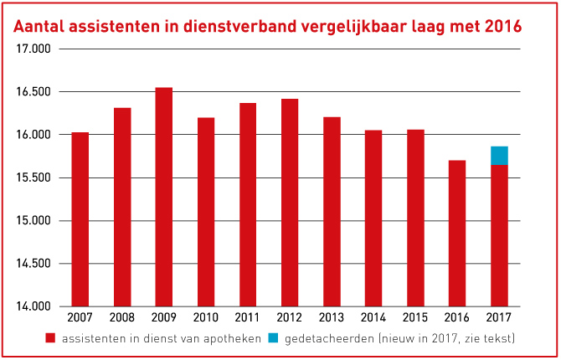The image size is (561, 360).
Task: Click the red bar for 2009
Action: (163, 197)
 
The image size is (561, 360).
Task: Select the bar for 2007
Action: (80, 219)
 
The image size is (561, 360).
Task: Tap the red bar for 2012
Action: (290, 203)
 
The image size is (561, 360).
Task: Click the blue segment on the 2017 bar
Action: (499, 156)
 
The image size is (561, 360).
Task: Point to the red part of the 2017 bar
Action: (499, 235)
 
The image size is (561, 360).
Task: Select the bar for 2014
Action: (373, 218)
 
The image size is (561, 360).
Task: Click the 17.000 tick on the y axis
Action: (33, 49)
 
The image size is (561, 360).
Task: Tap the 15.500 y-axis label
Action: (33, 177)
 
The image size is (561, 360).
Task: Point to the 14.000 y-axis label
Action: (33, 306)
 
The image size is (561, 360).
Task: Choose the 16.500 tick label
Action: (33, 91)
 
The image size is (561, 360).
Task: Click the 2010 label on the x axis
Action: (206, 319)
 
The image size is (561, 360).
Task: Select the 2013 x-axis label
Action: (332, 319)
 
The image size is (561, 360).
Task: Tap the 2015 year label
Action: (415, 319)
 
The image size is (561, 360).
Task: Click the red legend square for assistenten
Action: (50, 339)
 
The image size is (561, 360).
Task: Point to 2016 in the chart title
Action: (502, 27)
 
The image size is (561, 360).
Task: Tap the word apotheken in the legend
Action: (229, 339)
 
